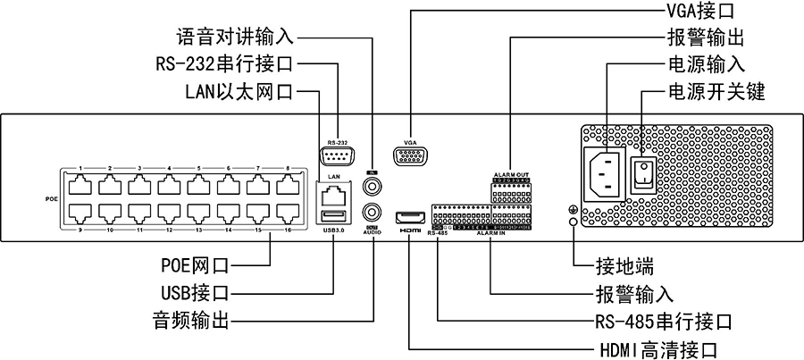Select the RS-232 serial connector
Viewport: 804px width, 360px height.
(336, 158)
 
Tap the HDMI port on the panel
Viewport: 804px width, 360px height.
(410, 217)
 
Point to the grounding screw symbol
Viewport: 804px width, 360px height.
(572, 212)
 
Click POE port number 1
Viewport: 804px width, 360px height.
(80, 185)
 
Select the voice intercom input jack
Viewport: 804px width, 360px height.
(373, 185)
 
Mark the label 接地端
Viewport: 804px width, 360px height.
(625, 265)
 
